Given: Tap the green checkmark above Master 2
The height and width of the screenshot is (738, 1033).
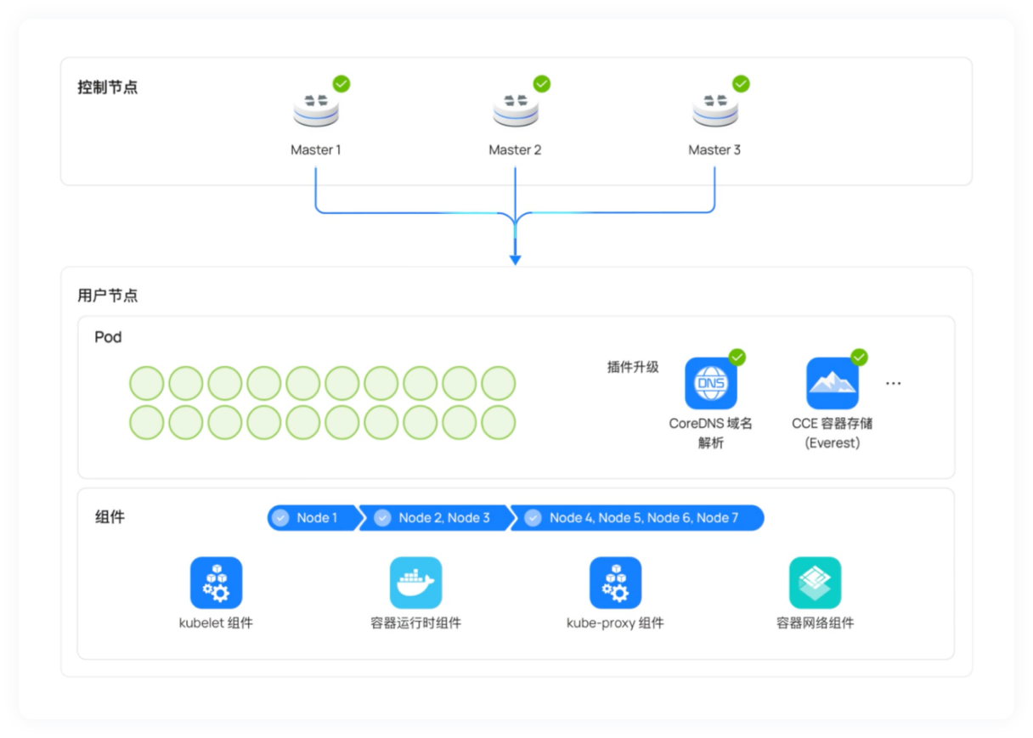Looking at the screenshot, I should [x=541, y=84].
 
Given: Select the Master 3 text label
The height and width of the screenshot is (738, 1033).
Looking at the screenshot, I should [x=714, y=149].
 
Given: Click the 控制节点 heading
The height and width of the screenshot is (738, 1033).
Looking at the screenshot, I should [x=107, y=87].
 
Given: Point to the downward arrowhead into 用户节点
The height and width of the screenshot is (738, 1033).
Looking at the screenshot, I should [x=515, y=259].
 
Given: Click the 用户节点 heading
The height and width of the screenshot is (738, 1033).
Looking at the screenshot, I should [x=107, y=296].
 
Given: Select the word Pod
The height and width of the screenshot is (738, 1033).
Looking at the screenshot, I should [x=108, y=337].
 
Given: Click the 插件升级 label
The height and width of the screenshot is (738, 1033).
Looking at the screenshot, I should [x=633, y=367].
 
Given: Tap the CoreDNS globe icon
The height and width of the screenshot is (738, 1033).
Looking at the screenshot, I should [x=711, y=384].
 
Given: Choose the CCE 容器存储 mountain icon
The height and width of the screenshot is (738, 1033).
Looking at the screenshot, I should [x=833, y=384].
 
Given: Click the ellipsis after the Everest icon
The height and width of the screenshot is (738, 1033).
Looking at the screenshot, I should [x=893, y=384].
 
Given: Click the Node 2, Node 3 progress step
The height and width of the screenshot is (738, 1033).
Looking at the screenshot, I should [x=435, y=518].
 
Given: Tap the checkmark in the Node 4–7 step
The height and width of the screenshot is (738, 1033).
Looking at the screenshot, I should [x=533, y=518].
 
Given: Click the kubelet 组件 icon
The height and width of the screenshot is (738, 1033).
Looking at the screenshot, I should [x=216, y=583].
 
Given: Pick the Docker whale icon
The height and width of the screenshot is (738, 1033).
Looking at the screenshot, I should [x=415, y=583].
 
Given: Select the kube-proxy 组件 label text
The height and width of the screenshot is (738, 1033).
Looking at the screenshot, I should [x=615, y=623].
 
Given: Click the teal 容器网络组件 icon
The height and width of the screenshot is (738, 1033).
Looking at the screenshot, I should [x=815, y=583].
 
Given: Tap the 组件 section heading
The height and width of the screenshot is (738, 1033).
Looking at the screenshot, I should [x=110, y=517].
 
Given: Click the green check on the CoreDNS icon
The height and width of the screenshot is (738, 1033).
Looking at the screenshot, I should [x=737, y=358].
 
